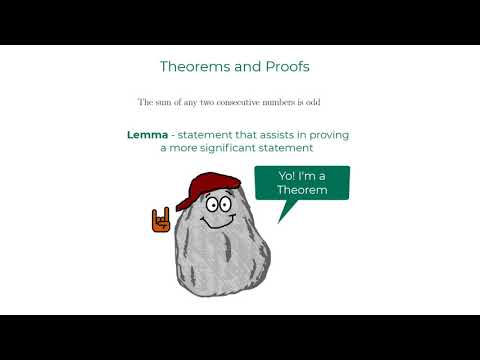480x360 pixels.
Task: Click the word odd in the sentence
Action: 337,102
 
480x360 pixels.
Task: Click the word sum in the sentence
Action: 166,102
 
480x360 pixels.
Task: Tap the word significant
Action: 240,148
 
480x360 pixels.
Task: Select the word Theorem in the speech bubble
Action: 301,189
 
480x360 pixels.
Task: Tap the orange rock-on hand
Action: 160,219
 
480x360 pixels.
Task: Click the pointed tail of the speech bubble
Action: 285,209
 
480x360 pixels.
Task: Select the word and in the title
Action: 249,66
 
